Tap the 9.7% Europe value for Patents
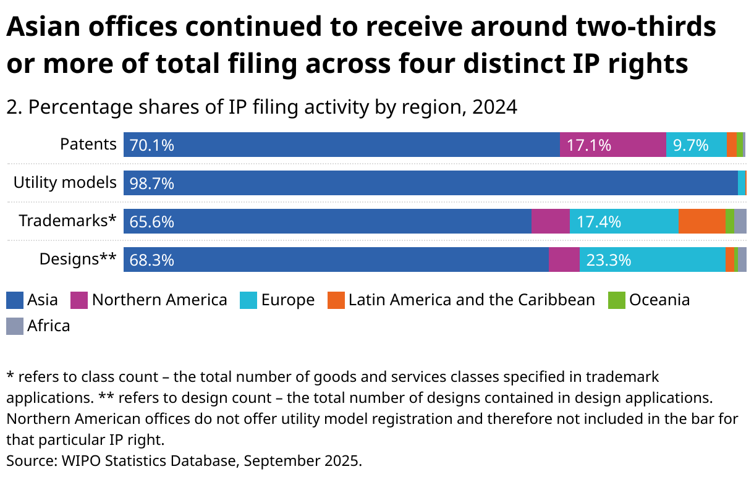690,145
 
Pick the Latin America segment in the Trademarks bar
701,221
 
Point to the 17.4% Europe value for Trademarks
598,221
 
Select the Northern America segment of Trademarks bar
550,221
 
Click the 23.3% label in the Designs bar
608,260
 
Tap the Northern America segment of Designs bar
564,260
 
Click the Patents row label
88,145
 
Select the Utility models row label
65,183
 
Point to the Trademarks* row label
68,221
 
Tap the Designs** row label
78,260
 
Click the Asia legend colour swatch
15,300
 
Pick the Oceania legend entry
659,300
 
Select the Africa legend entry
48,326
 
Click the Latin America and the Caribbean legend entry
471,300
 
